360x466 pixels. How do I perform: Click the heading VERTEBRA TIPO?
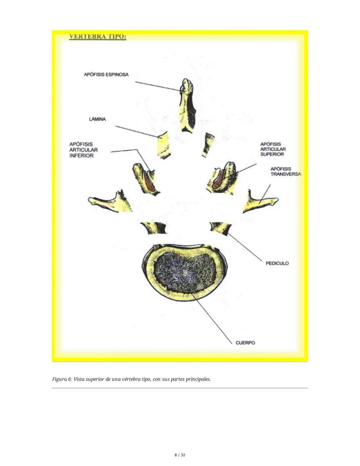(x=98, y=37)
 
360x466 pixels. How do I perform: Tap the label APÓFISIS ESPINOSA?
(x=106, y=74)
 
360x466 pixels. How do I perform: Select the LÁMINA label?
(x=97, y=119)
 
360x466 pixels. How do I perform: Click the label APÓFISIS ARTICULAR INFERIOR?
(x=83, y=150)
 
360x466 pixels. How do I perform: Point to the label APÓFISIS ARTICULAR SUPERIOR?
(x=273, y=149)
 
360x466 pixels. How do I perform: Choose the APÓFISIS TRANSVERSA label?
(x=286, y=171)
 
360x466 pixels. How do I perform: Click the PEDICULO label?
(x=277, y=263)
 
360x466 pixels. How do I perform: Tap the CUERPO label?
(x=245, y=343)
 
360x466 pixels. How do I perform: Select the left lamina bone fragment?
(x=163, y=145)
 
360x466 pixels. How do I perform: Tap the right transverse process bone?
(x=259, y=202)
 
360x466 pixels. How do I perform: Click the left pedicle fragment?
(x=154, y=228)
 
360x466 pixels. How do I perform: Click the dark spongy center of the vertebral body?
(x=185, y=272)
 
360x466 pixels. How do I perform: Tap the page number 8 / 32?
(x=180, y=455)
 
